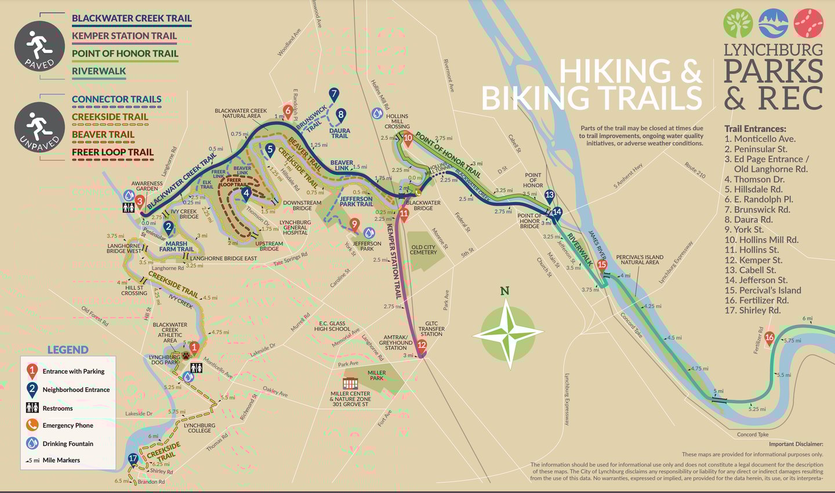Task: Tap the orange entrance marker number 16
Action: [769, 337]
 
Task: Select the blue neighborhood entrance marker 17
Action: [133, 459]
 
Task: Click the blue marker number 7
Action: [333, 94]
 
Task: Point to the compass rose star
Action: [509, 334]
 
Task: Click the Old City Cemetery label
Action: [423, 250]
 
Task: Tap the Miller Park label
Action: [376, 375]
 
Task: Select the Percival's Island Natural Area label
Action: [640, 260]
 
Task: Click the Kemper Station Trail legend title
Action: [124, 35]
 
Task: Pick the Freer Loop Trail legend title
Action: [112, 152]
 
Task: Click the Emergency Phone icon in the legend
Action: [32, 425]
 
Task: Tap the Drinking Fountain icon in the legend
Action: [32, 443]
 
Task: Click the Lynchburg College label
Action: [199, 428]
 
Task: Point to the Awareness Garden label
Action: [147, 186]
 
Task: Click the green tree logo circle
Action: [738, 24]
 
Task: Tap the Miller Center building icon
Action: [350, 384]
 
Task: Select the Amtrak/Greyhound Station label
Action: [395, 342]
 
